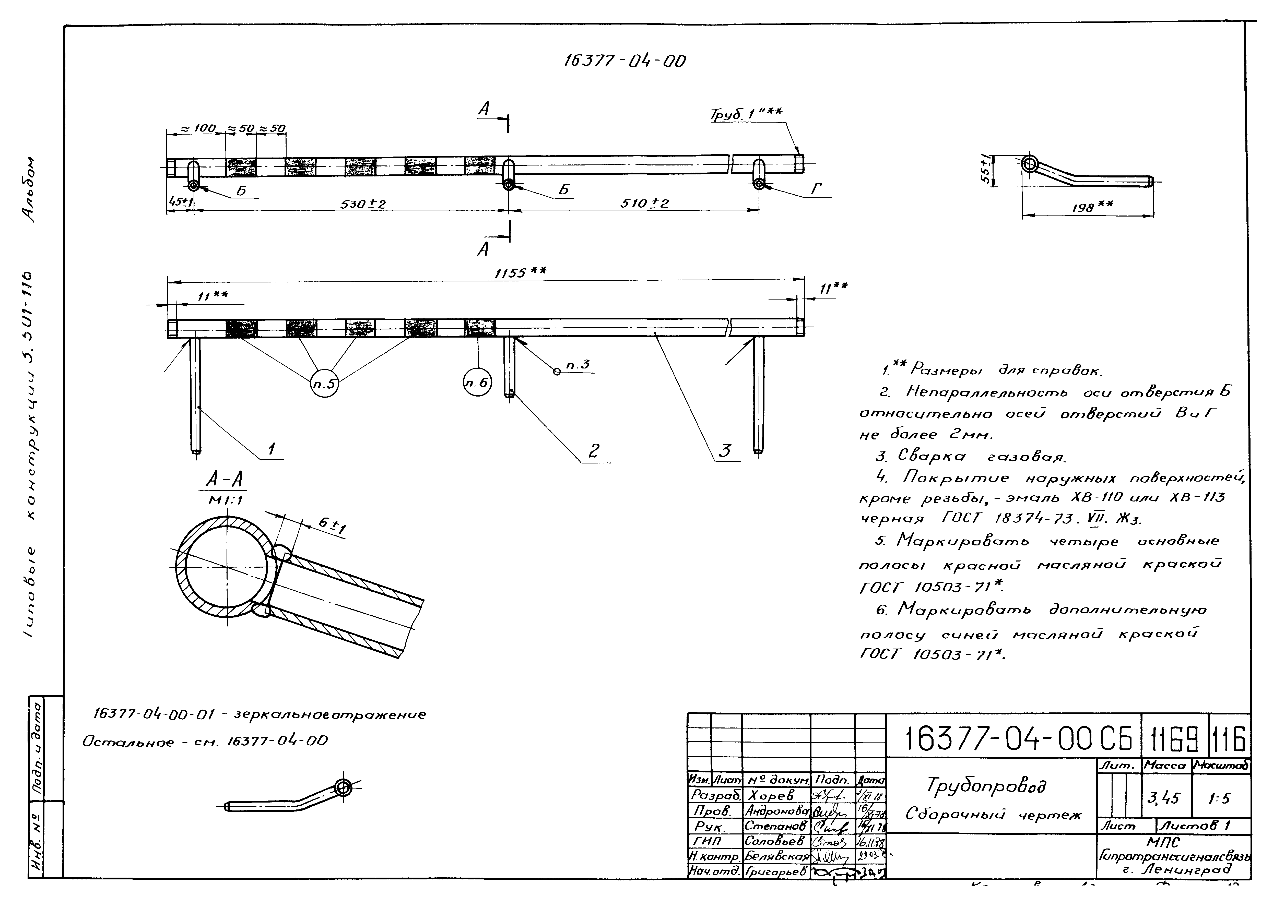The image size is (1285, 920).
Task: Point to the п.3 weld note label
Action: (x=578, y=365)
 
